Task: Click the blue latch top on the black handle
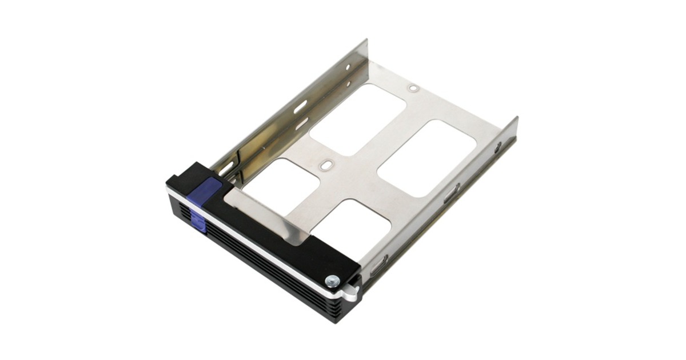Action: click(x=210, y=189)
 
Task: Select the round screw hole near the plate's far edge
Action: click(x=413, y=88)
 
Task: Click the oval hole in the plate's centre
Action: click(x=326, y=164)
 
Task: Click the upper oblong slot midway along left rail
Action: click(x=301, y=105)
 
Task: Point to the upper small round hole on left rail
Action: click(x=347, y=67)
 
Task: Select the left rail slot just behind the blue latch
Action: click(x=226, y=167)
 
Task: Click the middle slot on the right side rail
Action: click(x=452, y=193)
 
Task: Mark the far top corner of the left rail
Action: click(x=366, y=40)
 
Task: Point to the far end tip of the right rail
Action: click(x=516, y=119)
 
